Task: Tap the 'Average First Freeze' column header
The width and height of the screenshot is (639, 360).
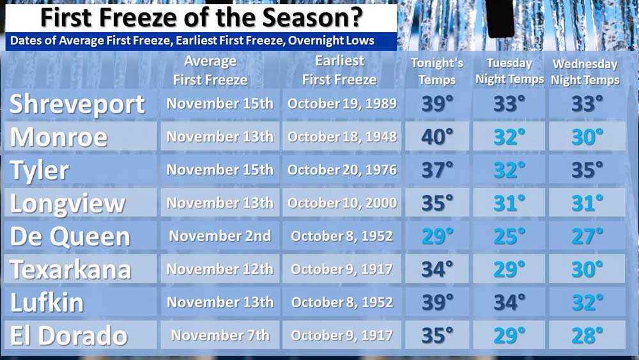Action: coord(210,70)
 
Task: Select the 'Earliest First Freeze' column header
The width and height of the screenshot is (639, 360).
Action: coord(339,70)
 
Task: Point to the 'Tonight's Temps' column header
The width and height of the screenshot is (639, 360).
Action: coord(437,71)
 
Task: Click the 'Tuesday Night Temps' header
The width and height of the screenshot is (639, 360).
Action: coord(509,71)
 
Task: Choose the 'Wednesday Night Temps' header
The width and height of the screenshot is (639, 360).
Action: coord(585,72)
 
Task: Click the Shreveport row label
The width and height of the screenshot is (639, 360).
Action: coord(77,104)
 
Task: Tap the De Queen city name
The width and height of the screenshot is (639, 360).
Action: coord(70,237)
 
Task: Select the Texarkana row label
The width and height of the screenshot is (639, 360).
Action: coord(71,270)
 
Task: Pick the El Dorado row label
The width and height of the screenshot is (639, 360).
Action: coord(69,336)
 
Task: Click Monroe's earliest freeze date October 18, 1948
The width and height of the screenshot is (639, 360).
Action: coord(342,137)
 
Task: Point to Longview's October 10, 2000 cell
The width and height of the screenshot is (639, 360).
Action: coord(342,203)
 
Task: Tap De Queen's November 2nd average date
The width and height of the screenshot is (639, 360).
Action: coord(220,236)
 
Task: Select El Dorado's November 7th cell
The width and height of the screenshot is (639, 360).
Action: coord(220,335)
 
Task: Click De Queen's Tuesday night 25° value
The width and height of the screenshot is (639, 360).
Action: coord(509,237)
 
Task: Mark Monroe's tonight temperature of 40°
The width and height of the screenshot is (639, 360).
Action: coord(437,137)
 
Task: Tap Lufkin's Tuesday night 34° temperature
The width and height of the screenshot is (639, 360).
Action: coord(509,302)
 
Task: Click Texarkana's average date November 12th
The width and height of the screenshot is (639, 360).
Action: coord(220,269)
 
